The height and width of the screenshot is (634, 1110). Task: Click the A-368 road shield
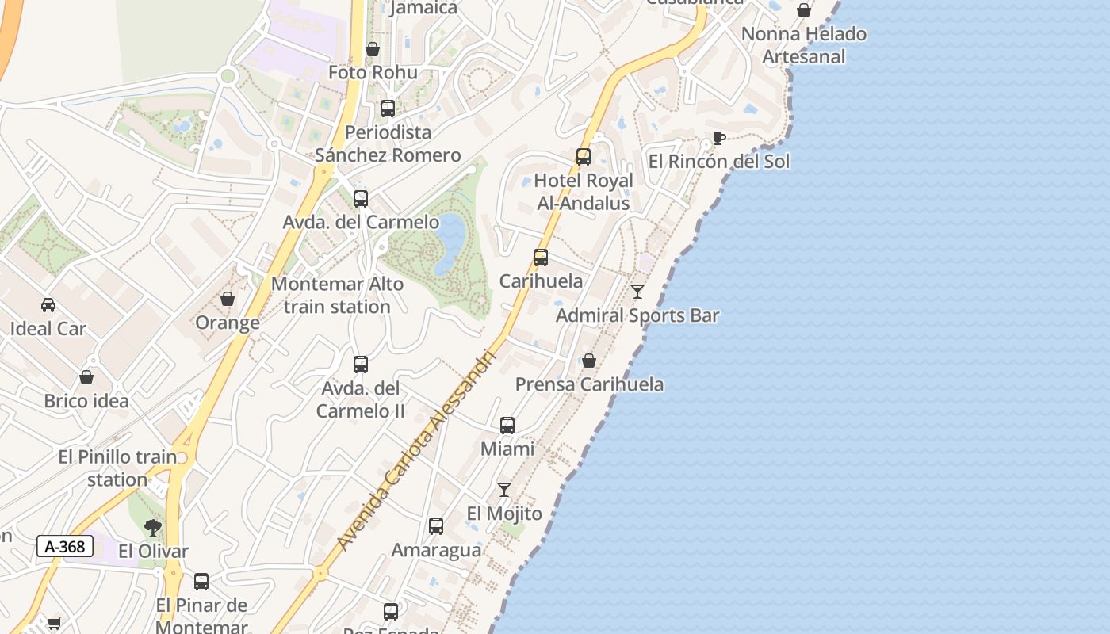click(65, 546)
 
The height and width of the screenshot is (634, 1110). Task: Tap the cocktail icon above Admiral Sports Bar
click(637, 292)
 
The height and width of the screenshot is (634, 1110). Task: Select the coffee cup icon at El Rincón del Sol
click(718, 139)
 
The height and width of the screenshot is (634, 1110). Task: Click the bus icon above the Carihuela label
click(541, 258)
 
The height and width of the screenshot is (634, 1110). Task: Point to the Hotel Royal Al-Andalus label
click(584, 192)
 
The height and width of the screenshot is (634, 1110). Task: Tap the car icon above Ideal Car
click(48, 305)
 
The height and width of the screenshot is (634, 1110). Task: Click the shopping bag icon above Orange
click(228, 299)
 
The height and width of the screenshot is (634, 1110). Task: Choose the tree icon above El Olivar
click(153, 528)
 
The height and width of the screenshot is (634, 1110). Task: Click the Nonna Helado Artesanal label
click(804, 45)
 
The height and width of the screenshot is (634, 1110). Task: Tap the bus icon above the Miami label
click(507, 426)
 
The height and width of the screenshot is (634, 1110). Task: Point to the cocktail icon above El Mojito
click(504, 490)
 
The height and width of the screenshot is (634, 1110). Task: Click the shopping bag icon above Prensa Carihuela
click(589, 361)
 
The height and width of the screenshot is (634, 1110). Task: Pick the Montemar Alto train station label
click(337, 295)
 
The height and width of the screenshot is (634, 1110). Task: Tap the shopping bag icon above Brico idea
click(86, 377)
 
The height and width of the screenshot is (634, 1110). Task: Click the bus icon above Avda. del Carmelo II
click(361, 365)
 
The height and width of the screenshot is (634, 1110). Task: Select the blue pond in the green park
click(450, 242)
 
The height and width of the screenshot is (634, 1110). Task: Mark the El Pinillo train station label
click(117, 468)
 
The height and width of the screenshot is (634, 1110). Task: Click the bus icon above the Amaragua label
click(436, 526)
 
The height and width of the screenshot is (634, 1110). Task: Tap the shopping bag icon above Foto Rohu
click(373, 49)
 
